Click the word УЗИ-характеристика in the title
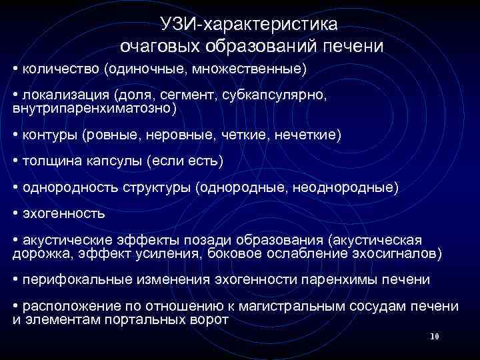click(249, 25)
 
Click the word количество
click(60, 69)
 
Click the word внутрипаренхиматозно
click(93, 107)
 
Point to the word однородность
click(70, 189)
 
